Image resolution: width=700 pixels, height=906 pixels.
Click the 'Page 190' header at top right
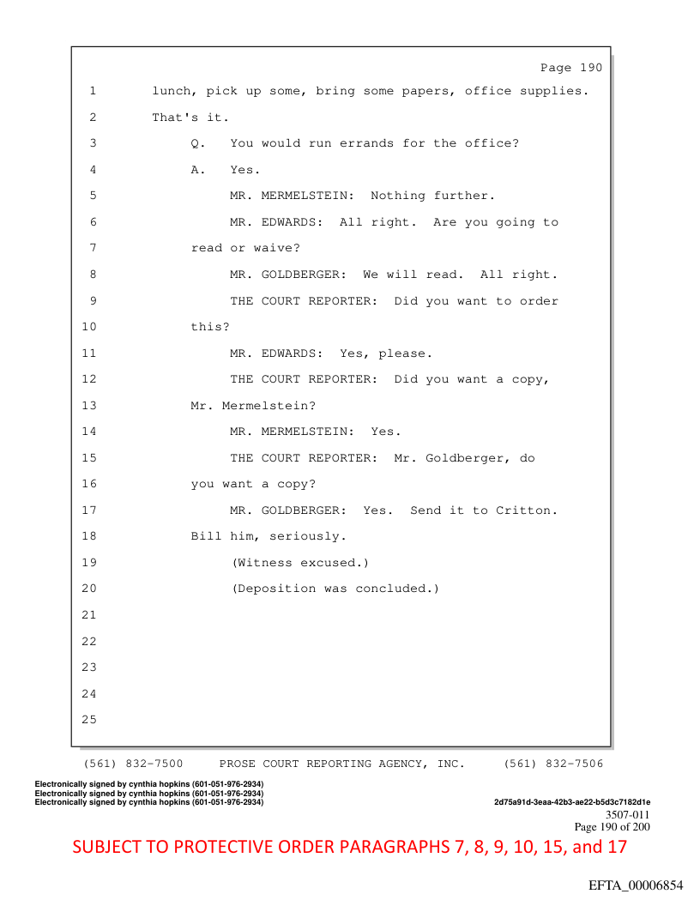[x=571, y=68]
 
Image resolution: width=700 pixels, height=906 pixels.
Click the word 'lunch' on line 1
[x=172, y=91]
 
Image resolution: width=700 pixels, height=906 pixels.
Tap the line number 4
[x=93, y=170]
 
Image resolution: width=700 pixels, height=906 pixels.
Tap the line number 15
[x=89, y=458]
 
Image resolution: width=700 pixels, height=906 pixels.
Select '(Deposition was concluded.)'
[x=335, y=589]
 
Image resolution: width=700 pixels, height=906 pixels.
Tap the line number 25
[x=89, y=719]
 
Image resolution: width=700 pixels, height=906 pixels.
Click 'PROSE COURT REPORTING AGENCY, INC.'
[x=342, y=764]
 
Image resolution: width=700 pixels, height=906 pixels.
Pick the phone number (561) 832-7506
[x=553, y=764]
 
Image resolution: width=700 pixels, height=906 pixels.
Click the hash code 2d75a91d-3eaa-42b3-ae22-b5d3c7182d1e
[x=572, y=802]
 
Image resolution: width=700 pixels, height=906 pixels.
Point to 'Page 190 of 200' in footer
[x=612, y=826]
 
